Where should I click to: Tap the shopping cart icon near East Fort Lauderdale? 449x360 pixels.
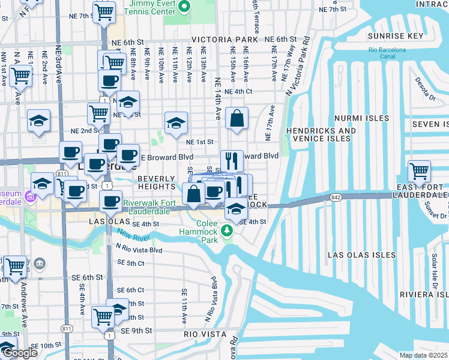pos(419,171)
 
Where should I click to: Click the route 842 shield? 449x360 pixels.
pos(336,197)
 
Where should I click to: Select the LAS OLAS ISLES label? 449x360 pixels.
pos(361,255)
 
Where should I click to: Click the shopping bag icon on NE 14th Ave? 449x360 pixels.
pos(237,119)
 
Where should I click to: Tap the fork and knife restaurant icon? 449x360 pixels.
pos(232,161)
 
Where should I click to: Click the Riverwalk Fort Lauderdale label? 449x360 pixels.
pos(148,207)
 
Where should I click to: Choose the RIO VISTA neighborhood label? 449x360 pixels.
pos(205,334)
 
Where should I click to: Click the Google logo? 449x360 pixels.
pos(20,353)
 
